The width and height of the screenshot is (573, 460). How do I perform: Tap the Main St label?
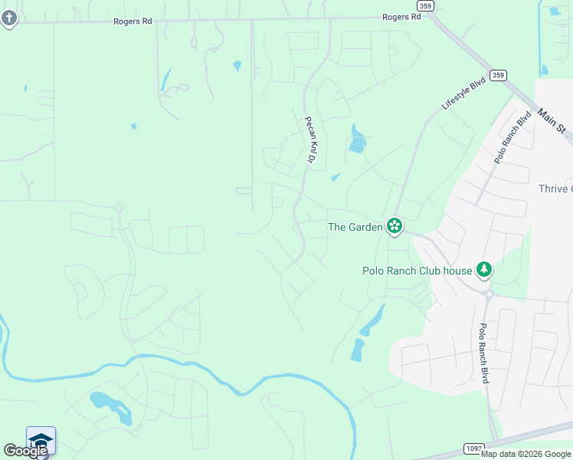point(555,122)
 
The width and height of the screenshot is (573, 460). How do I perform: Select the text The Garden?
point(355,227)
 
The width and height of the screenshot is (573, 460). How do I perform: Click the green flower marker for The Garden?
point(395,225)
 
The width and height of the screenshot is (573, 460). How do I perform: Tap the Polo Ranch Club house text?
point(417,270)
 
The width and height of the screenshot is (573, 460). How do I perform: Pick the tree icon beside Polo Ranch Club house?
point(483,269)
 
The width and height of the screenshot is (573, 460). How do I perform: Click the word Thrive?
point(555,189)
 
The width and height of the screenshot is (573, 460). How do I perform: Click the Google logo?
point(25,451)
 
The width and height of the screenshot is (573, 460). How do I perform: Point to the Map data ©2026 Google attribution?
point(526,454)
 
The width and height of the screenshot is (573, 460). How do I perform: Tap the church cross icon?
point(8,18)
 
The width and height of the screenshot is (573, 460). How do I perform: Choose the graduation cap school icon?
point(41,440)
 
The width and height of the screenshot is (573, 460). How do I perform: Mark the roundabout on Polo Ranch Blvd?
point(488,291)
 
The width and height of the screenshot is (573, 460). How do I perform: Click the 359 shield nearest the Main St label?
point(499,75)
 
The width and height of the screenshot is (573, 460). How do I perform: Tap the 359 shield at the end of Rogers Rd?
point(427,5)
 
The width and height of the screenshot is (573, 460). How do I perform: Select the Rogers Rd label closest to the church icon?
point(133,21)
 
